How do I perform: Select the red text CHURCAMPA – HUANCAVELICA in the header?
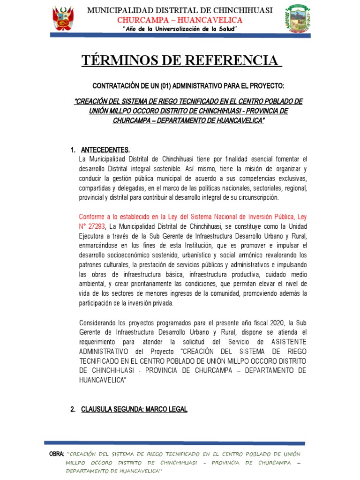click(180, 20)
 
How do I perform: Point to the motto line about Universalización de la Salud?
click(180, 30)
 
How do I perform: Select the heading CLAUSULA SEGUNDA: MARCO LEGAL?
click(134, 409)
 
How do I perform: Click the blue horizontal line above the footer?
click(174, 442)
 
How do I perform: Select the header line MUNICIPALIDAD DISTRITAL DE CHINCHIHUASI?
click(180, 11)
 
